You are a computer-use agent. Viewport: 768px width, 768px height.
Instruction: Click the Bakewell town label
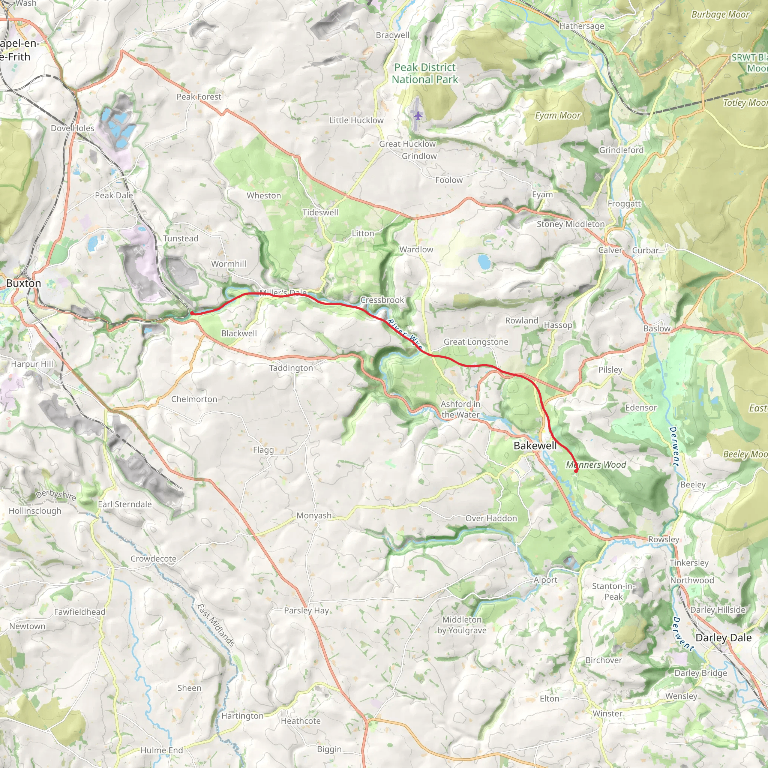tap(535, 445)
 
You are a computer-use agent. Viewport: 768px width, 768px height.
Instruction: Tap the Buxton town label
tap(24, 283)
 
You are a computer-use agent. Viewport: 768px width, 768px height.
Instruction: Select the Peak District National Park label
tap(424, 73)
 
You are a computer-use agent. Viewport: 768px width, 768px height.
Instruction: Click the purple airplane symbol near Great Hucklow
tap(418, 115)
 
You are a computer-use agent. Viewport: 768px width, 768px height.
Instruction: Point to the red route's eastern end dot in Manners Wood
tap(576, 471)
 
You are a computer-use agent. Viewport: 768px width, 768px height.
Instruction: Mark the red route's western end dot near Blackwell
tap(192, 313)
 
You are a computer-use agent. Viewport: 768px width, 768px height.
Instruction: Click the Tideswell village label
tap(320, 212)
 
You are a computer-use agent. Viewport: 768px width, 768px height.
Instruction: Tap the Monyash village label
tap(313, 516)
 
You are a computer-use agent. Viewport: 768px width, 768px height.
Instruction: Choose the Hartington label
tap(242, 716)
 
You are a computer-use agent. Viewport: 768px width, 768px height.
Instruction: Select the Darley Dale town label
tap(723, 637)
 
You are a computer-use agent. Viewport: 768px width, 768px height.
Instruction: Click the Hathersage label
tap(582, 26)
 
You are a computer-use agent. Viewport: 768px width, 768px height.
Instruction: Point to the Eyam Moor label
tap(558, 115)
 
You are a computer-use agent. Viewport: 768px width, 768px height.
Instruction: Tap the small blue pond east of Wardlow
tap(484, 262)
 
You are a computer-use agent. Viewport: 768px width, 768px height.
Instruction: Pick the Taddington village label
tap(291, 368)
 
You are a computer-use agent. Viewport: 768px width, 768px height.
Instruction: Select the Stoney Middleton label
tap(570, 224)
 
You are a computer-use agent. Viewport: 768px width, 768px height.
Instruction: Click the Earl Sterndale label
tap(125, 504)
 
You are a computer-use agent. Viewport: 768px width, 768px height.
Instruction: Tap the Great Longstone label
tap(476, 342)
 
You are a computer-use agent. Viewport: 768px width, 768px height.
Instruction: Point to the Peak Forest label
tap(199, 97)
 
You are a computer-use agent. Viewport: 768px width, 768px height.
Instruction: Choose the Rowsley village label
tap(663, 539)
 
